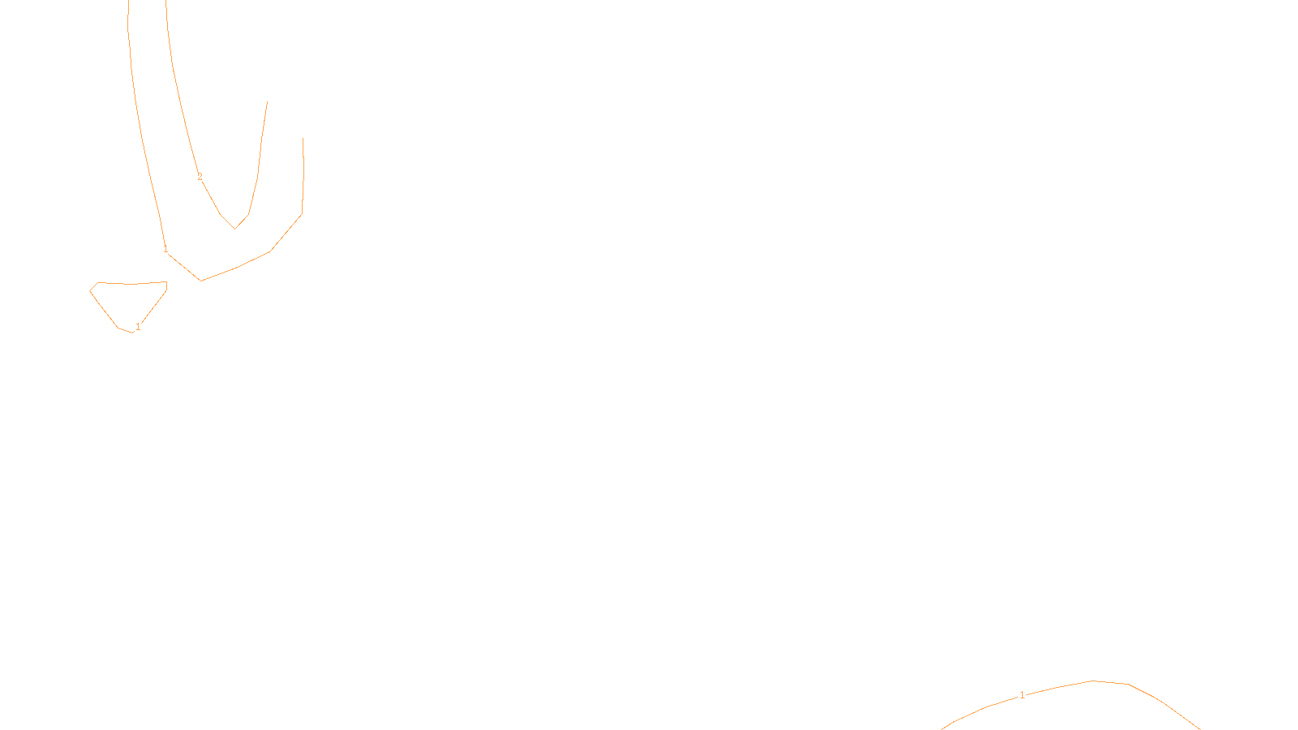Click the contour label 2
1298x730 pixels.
pos(200,177)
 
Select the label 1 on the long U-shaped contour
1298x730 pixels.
pos(165,249)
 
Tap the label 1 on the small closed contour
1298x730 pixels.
pos(138,327)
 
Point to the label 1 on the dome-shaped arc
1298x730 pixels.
pos(1022,695)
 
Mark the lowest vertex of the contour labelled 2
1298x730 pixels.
pos(235,229)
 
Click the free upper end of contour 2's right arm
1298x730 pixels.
pos(267,102)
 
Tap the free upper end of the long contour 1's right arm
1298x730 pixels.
pos(303,139)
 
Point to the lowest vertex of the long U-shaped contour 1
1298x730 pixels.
pos(201,281)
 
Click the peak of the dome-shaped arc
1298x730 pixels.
pos(1093,681)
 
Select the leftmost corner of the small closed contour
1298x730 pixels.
pos(90,290)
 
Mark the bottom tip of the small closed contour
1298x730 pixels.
pos(132,333)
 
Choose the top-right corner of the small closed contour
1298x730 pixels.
pos(166,282)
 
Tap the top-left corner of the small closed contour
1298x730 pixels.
pos(97,283)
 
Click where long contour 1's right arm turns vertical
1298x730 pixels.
pos(302,214)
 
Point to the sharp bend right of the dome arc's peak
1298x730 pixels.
pos(1128,684)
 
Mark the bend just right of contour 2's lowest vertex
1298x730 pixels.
pos(248,215)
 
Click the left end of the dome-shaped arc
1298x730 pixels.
pos(943,728)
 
